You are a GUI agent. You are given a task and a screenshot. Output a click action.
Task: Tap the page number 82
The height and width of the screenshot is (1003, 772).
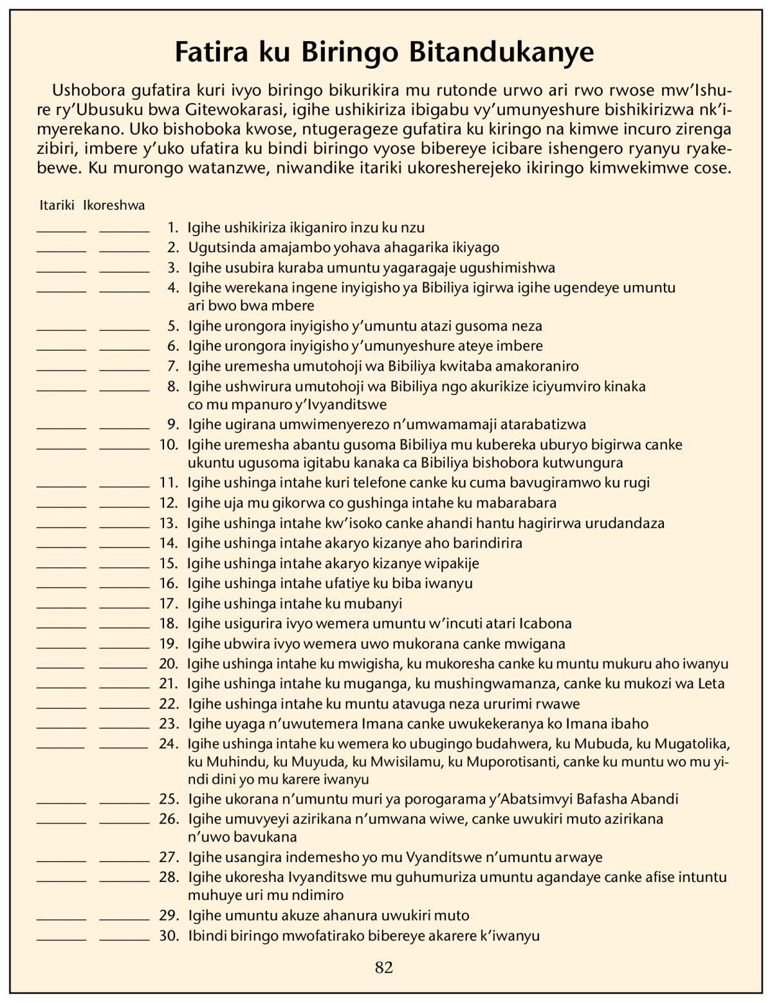tap(384, 968)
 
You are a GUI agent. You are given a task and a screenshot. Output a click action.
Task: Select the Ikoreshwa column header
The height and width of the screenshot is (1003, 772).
tap(114, 206)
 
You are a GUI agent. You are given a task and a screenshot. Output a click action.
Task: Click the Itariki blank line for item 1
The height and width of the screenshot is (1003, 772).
tap(61, 231)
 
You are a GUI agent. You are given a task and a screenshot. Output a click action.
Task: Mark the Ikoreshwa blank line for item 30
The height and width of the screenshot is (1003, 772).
tap(124, 939)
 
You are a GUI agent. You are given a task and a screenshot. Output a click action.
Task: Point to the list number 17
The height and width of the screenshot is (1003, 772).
tap(169, 603)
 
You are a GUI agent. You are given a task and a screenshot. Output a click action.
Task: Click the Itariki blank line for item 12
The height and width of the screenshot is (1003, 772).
tap(61, 506)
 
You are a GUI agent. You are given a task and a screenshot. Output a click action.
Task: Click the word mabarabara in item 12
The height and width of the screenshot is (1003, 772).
tap(517, 502)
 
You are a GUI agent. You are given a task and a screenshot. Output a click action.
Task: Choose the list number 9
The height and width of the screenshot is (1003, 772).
tap(172, 425)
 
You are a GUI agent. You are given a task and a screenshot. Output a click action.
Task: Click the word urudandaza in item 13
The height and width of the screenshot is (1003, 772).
tap(624, 523)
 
